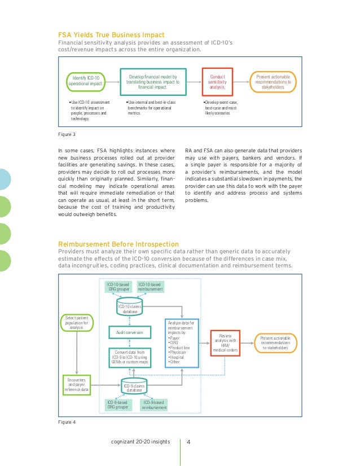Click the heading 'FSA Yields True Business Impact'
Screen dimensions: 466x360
point(112,35)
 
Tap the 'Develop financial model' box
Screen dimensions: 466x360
point(152,80)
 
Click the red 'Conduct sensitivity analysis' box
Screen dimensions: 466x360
point(217,81)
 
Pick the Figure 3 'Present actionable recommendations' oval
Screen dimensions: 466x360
point(274,80)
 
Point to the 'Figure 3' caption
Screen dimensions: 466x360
point(67,134)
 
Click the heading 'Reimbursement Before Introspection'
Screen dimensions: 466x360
point(118,244)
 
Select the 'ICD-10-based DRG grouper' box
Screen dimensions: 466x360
point(119,287)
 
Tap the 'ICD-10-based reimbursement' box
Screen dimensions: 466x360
point(150,287)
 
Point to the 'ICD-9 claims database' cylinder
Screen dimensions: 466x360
point(134,387)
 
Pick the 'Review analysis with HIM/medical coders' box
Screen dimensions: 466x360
point(225,342)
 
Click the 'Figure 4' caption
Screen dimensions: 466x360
point(67,421)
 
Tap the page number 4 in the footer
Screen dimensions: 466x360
point(188,442)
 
